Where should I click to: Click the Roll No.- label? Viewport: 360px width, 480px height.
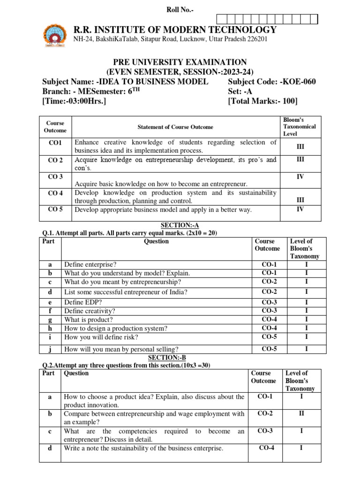coord(180,10)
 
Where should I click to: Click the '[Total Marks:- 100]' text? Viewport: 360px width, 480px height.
coord(262,101)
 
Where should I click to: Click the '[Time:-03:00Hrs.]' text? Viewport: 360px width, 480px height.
coord(74,101)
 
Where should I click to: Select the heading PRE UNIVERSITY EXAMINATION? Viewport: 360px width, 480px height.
coord(180,62)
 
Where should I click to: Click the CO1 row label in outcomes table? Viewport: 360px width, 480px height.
coord(55,142)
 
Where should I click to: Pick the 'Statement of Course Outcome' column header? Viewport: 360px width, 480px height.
coord(175,127)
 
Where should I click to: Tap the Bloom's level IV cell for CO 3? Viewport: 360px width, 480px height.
coord(300,177)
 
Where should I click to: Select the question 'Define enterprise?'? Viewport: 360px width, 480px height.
coord(90,265)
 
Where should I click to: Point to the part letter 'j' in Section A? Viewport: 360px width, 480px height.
coord(50,349)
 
